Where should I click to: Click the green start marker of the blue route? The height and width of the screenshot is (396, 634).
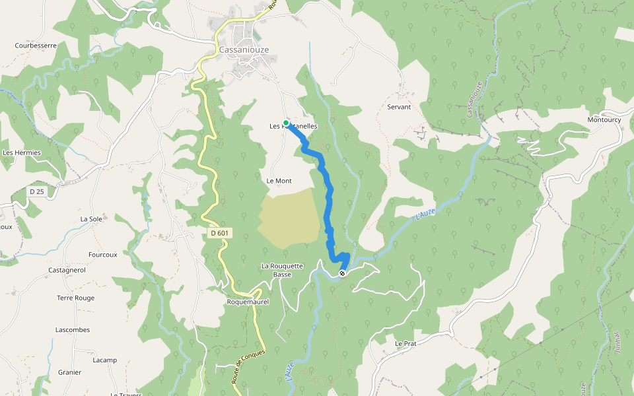286,123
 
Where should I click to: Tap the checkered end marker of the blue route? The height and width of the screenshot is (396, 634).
342,273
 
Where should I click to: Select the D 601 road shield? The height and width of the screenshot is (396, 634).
220,233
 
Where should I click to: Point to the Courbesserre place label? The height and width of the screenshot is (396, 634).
36,46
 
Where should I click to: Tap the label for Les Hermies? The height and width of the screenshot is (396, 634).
22,152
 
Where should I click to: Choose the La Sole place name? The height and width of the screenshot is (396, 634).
91,218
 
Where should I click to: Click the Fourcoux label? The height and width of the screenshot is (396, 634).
102,254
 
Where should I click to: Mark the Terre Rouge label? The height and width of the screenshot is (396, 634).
75,298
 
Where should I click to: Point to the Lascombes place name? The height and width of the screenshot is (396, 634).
73,329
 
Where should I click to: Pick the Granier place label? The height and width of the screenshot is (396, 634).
69,372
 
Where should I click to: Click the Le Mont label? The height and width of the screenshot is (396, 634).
279,181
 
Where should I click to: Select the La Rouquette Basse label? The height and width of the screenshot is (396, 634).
282,270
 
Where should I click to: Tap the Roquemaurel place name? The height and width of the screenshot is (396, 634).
229,302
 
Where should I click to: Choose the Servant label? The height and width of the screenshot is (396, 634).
399,107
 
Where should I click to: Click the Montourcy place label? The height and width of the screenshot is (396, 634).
604,119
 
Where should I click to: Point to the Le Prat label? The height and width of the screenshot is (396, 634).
405,344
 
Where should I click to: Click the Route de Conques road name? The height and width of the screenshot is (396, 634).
248,366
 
